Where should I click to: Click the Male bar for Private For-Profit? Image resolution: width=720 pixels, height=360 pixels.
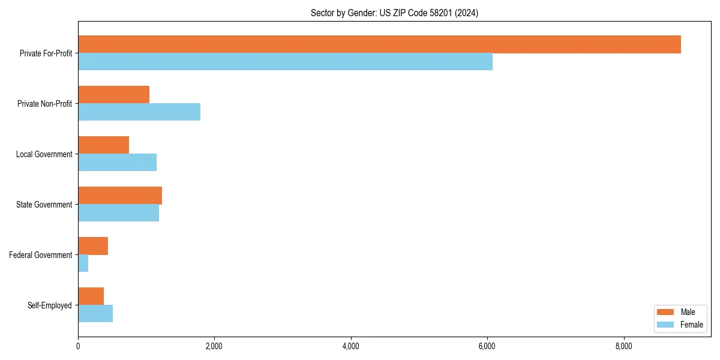tap(379, 44)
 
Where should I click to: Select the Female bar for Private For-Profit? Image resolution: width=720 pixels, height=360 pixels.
tap(285, 62)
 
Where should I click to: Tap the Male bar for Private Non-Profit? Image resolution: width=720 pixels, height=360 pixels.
tap(113, 95)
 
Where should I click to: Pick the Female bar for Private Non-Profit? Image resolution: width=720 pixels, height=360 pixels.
tap(139, 112)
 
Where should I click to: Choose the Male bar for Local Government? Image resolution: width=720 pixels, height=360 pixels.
tap(103, 145)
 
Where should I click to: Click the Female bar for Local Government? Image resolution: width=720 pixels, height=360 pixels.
tap(117, 163)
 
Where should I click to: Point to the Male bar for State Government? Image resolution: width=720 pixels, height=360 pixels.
tap(120, 196)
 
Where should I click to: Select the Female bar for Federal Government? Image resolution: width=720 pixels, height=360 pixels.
tap(83, 263)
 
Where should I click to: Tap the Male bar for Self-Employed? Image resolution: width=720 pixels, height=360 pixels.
tap(91, 296)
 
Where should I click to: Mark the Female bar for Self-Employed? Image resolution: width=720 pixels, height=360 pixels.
tap(95, 314)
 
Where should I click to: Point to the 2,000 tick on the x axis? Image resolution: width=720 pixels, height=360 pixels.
tap(214, 346)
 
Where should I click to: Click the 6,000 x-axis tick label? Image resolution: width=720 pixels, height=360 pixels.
tap(487, 346)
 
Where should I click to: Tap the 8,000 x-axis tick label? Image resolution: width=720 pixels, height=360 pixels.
tap(624, 346)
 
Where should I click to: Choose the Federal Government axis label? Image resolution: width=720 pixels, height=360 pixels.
tap(40, 255)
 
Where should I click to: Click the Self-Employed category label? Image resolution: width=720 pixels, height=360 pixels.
tap(49, 305)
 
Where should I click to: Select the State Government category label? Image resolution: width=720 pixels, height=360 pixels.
tap(44, 205)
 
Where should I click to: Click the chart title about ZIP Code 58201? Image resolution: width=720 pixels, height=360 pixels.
tap(394, 13)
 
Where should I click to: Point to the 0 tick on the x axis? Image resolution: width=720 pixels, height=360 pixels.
tap(78, 346)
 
